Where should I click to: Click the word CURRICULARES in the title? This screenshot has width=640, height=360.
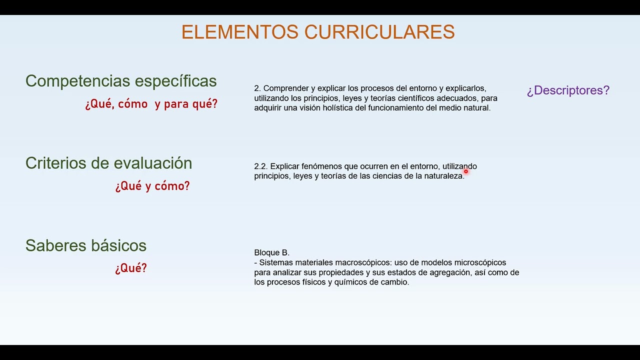click(x=379, y=32)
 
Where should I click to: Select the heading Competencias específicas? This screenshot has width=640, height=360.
click(x=121, y=81)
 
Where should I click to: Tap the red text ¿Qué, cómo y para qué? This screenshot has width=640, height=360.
click(x=151, y=104)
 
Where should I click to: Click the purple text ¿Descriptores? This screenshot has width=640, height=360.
click(x=568, y=90)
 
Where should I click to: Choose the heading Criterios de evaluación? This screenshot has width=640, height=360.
click(x=108, y=163)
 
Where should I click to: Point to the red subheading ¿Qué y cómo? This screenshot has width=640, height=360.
click(x=152, y=186)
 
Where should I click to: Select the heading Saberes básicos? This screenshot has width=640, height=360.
click(x=86, y=245)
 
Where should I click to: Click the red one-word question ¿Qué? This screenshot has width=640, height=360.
click(x=131, y=268)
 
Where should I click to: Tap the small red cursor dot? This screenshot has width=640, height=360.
click(x=465, y=171)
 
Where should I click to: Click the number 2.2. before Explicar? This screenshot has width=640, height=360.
click(x=261, y=166)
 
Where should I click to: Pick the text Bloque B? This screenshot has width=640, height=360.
click(x=271, y=253)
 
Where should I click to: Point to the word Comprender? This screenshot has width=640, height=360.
click(x=285, y=88)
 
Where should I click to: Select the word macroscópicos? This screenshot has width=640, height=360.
click(x=364, y=263)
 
